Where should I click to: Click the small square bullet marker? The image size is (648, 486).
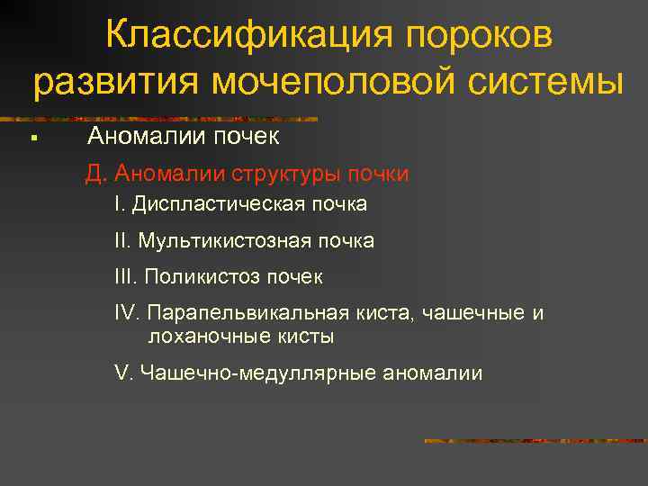(x=31, y=139)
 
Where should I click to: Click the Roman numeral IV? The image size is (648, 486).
(x=127, y=313)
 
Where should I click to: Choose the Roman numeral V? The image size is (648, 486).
(x=122, y=373)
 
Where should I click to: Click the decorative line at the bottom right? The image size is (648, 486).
(x=534, y=441)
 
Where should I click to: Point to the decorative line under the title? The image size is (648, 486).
(x=162, y=118)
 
